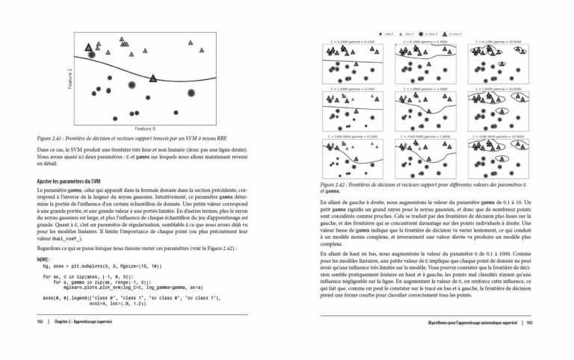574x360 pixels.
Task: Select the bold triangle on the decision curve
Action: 153,78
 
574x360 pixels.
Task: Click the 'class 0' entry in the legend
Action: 389,34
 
